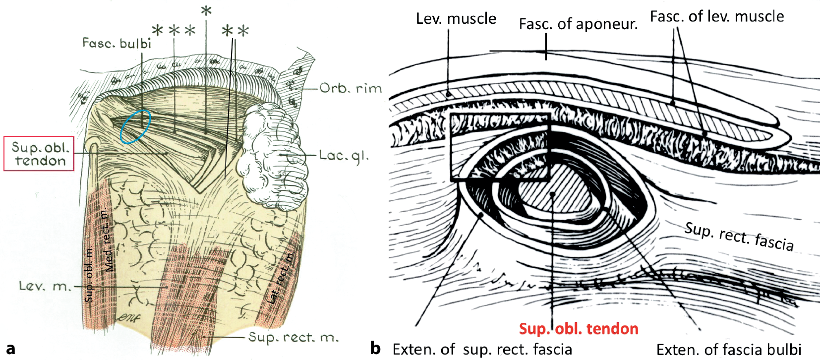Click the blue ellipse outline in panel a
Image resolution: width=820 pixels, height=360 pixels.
click(135, 126)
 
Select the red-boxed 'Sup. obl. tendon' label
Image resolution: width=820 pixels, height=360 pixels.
click(39, 154)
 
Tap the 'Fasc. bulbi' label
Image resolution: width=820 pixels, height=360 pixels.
click(117, 44)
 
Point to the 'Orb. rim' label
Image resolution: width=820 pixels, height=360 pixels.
click(351, 89)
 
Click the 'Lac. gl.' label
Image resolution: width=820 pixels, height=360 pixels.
click(344, 156)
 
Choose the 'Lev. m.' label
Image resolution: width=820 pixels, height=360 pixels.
click(45, 286)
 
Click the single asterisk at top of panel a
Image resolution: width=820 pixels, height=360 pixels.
click(206, 11)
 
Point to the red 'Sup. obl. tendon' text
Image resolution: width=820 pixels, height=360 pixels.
click(579, 328)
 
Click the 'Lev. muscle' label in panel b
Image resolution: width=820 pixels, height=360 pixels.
click(456, 19)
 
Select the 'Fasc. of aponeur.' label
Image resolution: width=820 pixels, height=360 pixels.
click(578, 24)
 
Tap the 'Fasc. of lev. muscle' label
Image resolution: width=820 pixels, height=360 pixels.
click(717, 16)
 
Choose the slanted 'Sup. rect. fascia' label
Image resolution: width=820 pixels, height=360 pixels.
click(739, 237)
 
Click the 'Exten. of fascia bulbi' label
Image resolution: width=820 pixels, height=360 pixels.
click(729, 350)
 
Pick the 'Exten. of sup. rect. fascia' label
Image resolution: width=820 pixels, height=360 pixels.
click(482, 349)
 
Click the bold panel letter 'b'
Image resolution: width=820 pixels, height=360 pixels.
click(376, 348)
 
